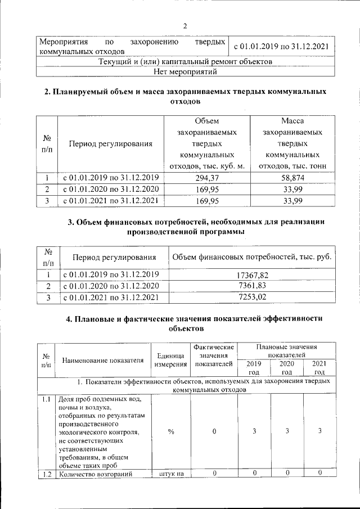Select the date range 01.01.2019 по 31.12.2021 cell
281,47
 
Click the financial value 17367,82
252,275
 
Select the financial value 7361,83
252,286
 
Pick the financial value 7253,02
252,297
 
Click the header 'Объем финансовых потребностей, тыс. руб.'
251,258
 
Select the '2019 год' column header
254,368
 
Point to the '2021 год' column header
319,368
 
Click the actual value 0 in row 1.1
213,431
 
